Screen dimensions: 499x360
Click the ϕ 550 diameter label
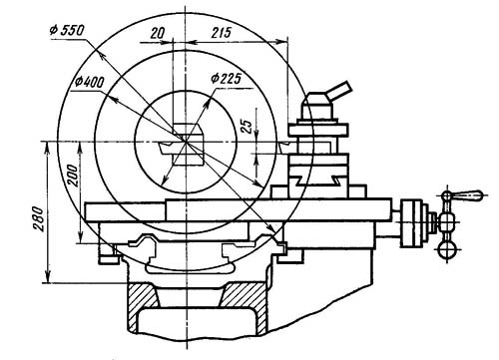[67, 30]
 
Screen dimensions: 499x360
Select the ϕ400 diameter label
[89, 82]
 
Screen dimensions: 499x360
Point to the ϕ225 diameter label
[226, 79]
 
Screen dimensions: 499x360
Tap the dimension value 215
[221, 33]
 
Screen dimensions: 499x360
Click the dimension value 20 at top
[158, 33]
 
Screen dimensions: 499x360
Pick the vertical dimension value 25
[247, 126]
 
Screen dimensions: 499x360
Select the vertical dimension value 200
[73, 176]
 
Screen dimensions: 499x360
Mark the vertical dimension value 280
[39, 218]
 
